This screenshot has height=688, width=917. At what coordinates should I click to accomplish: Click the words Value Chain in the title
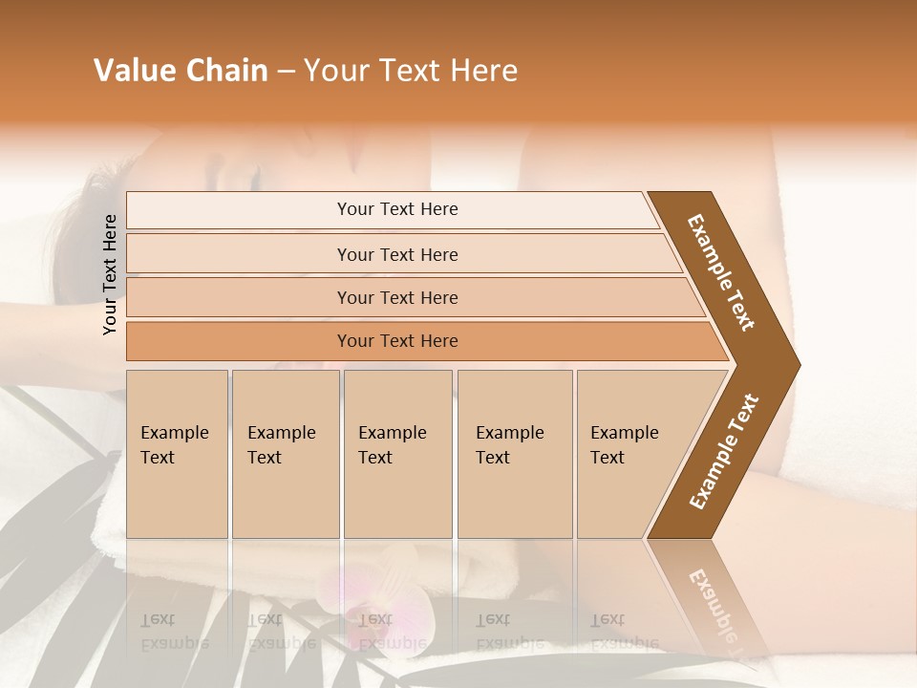point(181,71)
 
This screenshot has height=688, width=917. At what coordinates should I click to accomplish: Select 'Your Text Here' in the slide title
point(411,71)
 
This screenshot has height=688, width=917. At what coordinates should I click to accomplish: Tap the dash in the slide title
point(286,72)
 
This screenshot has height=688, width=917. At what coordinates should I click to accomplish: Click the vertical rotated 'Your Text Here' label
point(110,275)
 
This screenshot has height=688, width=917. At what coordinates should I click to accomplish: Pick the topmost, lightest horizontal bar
point(397,209)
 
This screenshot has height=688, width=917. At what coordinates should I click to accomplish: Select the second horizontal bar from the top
point(397,254)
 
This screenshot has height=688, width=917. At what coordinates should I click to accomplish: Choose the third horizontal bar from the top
point(397,297)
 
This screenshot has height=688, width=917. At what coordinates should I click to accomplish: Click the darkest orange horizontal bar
point(397,341)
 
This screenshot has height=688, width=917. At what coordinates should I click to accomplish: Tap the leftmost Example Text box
point(177,454)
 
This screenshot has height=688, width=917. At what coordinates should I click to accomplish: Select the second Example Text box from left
point(285,454)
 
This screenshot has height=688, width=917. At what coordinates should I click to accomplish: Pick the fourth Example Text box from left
point(514,454)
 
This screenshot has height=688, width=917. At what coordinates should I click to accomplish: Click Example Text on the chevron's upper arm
point(722,273)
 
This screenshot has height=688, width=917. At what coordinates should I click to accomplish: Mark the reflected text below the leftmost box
point(174,632)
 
